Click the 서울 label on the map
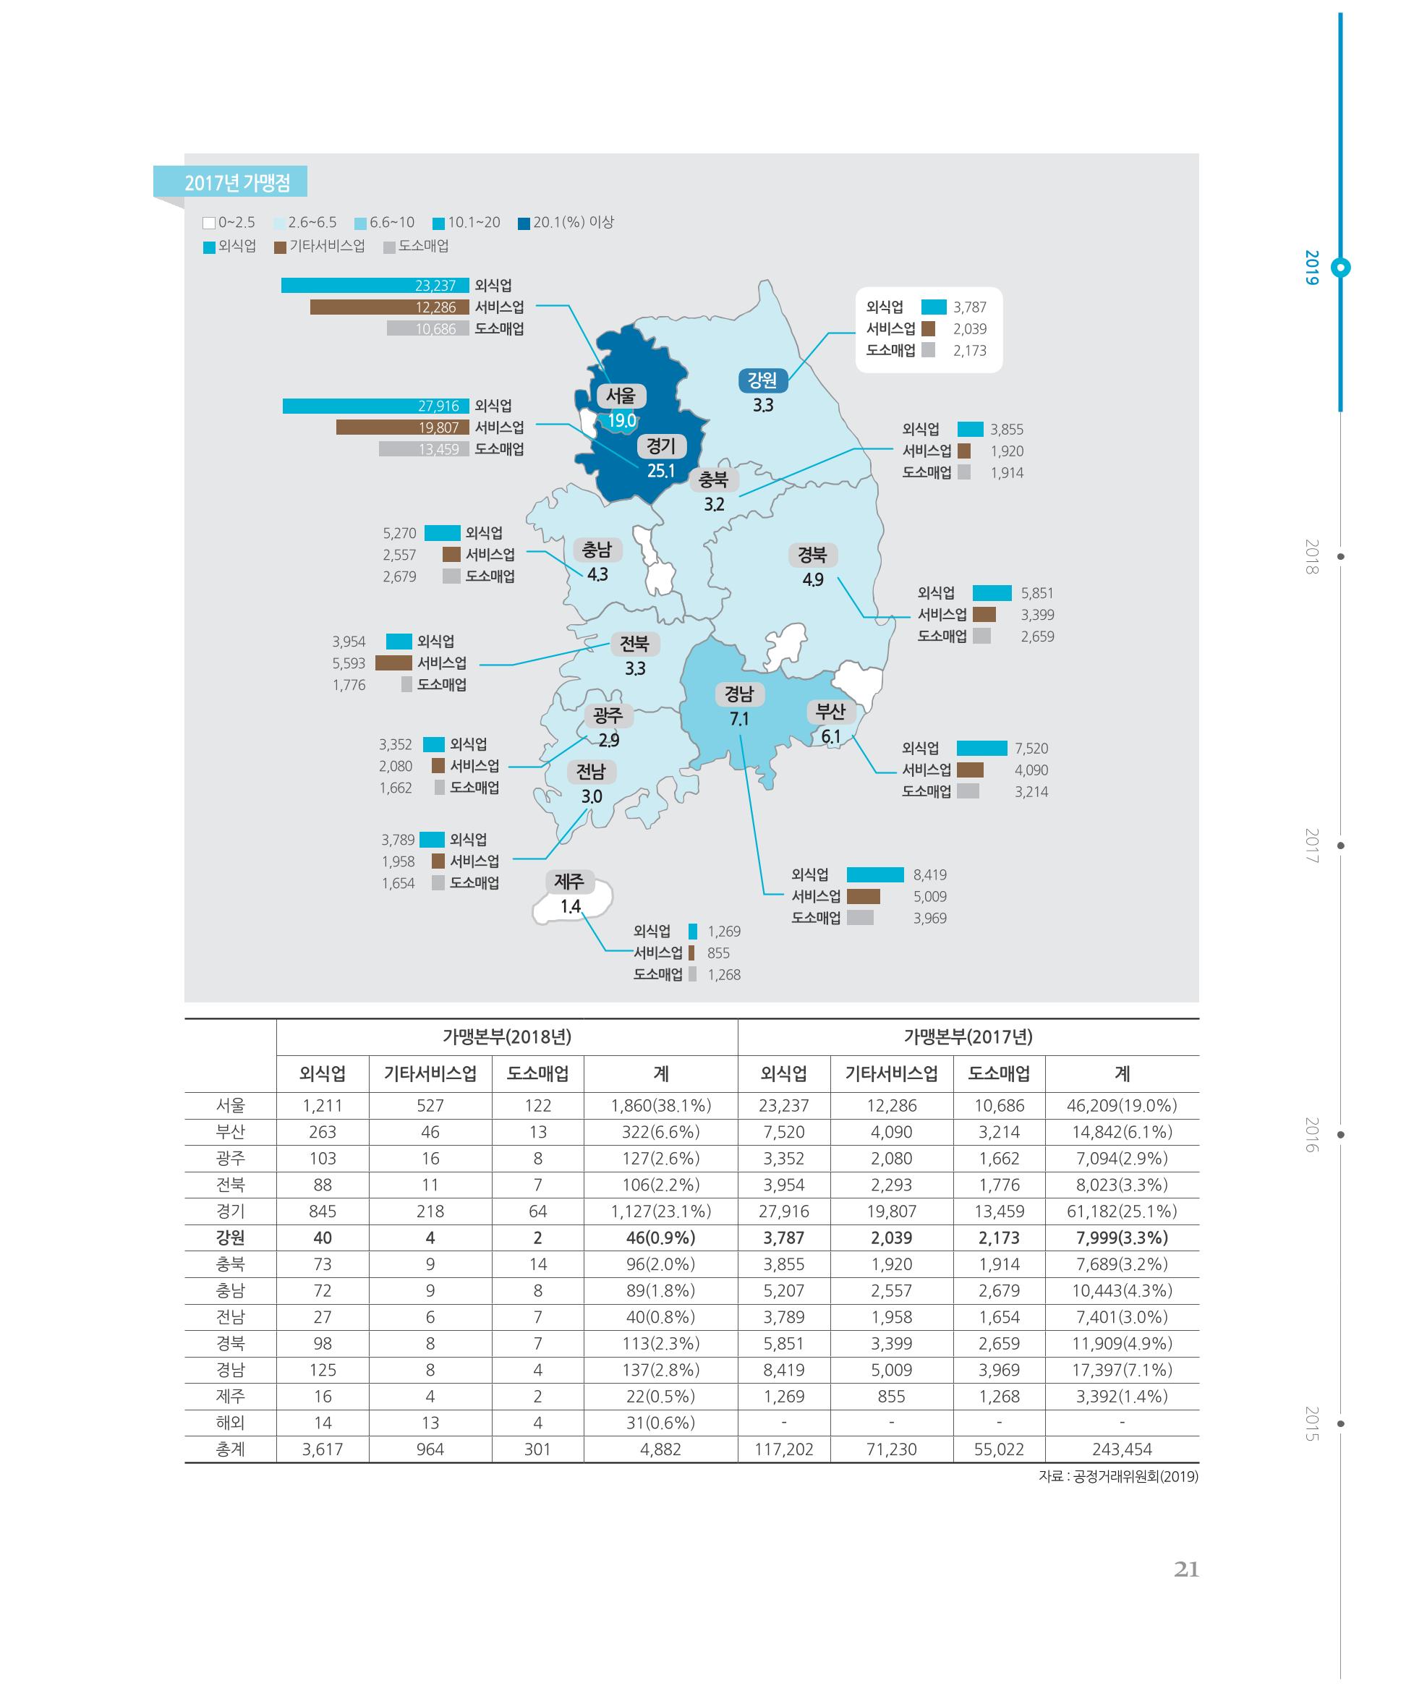(621, 396)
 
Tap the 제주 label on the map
(569, 882)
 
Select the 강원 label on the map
(762, 380)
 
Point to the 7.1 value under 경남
(739, 719)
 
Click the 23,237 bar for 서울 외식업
(375, 285)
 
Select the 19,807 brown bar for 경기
(403, 427)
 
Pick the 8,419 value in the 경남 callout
(929, 875)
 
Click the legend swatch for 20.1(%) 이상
(524, 223)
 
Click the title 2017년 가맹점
(237, 183)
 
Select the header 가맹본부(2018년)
(506, 1036)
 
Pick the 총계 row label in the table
(230, 1449)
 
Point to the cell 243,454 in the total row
(1122, 1449)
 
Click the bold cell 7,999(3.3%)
(1122, 1238)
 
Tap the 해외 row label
(230, 1423)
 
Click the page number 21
(1186, 1569)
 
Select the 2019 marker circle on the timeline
(1341, 268)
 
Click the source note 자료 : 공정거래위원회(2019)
(1118, 1476)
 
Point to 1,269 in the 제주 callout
(724, 932)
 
